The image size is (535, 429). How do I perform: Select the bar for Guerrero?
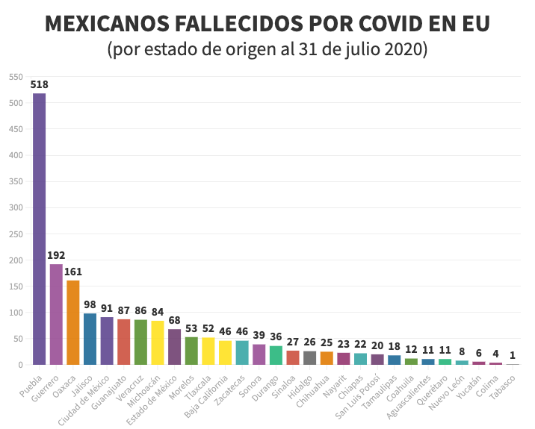pos(56,314)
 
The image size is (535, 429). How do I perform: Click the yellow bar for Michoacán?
pos(157,342)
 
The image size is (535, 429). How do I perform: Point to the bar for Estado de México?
pos(174,346)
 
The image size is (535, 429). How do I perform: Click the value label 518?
pos(39,85)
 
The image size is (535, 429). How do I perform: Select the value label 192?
pos(56,255)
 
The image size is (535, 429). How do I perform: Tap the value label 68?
pos(174,320)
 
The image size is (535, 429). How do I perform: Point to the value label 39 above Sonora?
pos(259,336)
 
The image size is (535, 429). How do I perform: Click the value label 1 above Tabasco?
pos(513,355)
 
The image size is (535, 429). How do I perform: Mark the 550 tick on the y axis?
pos(15,77)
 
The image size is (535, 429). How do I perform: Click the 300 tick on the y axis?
pos(15,207)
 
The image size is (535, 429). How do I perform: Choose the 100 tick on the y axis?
pos(15,313)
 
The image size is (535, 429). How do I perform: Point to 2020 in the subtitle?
pos(407,50)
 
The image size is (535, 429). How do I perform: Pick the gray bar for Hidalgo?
pos(309,357)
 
